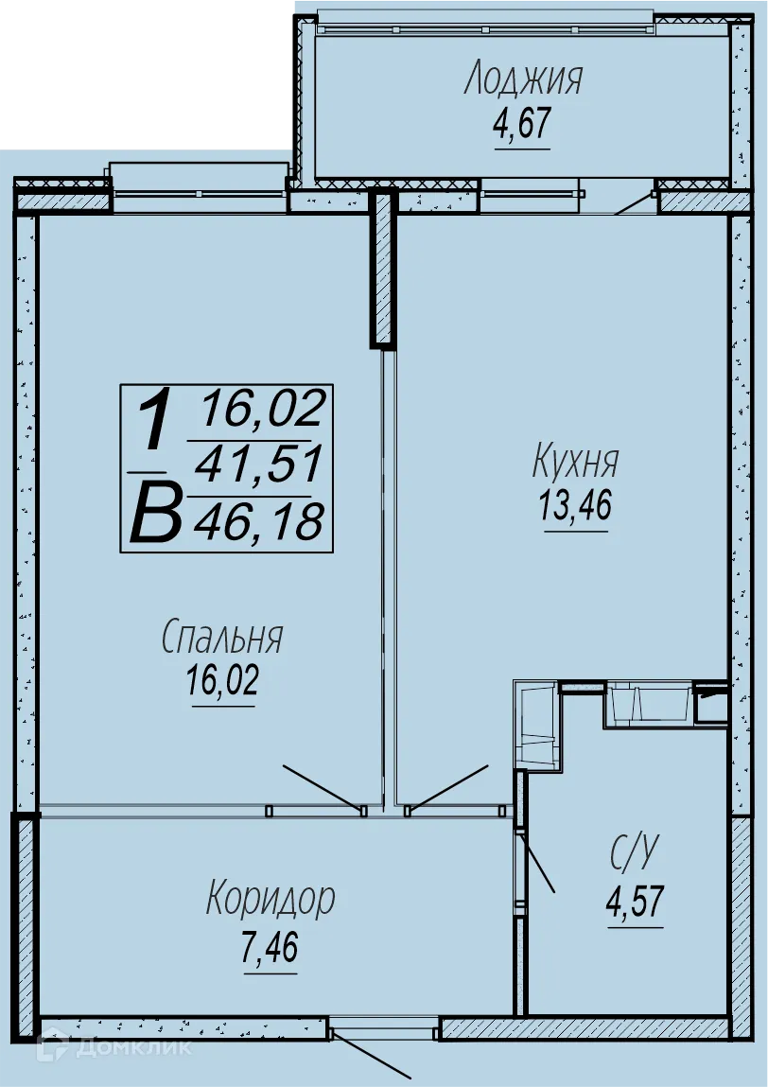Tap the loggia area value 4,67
[x=521, y=124]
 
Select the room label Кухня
[x=575, y=463]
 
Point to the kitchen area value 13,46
[x=575, y=506]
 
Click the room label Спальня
[x=222, y=638]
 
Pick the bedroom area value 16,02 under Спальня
[x=222, y=681]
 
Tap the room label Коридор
[x=271, y=898]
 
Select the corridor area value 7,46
[x=270, y=946]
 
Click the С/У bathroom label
[x=633, y=854]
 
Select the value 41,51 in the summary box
[x=258, y=465]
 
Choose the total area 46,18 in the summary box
[x=258, y=521]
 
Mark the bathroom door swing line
[x=538, y=863]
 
